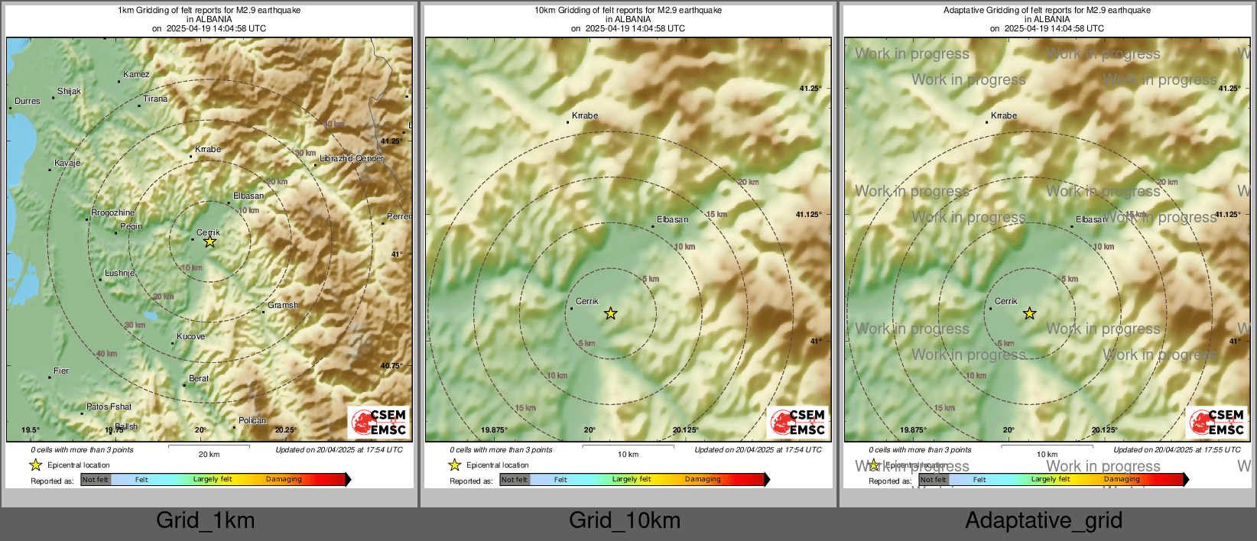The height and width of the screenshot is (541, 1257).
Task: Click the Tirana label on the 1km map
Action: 155,99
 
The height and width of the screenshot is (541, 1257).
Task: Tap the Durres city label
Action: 28,102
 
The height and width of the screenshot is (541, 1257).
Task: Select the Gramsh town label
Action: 283,306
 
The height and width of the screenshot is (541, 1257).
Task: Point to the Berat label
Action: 199,379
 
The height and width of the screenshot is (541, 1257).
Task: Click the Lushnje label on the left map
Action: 120,274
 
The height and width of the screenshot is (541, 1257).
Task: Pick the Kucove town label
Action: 190,337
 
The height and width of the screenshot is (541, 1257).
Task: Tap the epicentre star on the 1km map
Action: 209,242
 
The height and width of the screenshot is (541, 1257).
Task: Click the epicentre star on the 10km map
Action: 610,313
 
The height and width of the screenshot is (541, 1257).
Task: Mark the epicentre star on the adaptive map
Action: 1030,313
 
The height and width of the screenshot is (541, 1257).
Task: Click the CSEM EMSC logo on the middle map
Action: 797,423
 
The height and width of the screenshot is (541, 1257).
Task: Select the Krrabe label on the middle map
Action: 585,116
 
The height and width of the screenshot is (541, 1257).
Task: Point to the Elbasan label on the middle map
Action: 673,220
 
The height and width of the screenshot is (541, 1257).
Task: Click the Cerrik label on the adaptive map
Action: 1006,302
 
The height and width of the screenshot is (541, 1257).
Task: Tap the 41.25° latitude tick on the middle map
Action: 810,89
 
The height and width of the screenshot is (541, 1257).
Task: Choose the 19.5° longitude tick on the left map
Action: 31,431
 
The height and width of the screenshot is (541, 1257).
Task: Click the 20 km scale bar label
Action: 209,455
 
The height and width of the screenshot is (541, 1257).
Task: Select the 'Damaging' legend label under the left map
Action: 284,480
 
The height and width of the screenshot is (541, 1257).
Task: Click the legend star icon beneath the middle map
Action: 455,465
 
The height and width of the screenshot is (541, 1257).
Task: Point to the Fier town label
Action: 61,371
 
